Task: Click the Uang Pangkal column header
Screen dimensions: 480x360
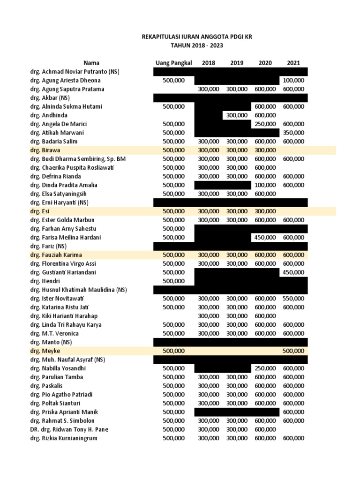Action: (x=173, y=63)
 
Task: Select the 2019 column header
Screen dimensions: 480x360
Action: (x=237, y=63)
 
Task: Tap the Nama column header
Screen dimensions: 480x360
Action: (x=91, y=63)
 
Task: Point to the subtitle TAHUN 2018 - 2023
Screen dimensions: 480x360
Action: (x=196, y=45)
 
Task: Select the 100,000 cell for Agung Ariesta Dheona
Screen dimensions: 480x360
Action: (x=294, y=81)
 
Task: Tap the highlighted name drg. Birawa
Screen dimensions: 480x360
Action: (x=46, y=150)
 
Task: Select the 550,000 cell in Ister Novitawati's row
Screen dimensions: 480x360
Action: (x=294, y=299)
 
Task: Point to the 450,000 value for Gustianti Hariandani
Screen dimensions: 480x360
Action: (x=294, y=272)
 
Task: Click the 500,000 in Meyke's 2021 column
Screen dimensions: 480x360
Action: (x=294, y=351)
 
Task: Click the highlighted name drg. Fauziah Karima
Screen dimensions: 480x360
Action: (x=56, y=255)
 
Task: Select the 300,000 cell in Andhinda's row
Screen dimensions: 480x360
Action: (x=237, y=115)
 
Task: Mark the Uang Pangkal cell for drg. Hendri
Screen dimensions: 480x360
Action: (x=173, y=281)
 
